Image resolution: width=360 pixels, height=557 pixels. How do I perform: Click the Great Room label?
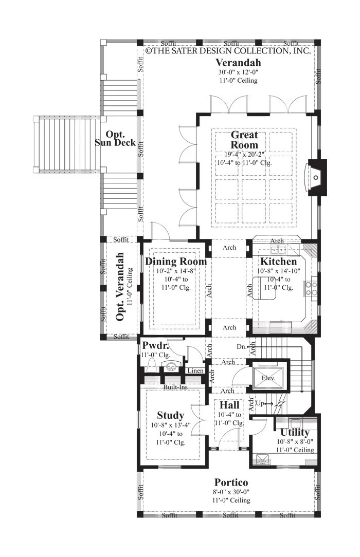tap(244, 140)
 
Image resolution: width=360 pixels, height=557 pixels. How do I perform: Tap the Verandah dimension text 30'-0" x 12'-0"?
tap(238, 72)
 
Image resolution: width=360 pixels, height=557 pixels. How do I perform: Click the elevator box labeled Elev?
tap(268, 378)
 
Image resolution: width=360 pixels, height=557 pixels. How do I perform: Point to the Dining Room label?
tap(175, 262)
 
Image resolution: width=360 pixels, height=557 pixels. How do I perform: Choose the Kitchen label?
tap(278, 262)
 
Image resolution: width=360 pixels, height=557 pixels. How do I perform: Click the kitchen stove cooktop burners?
tap(310, 288)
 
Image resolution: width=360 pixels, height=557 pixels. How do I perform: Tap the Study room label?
tap(171, 415)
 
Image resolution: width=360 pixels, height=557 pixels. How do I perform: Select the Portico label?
tap(231, 482)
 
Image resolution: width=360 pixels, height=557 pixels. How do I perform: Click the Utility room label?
tap(295, 432)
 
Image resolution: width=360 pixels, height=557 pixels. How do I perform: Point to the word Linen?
tap(195, 370)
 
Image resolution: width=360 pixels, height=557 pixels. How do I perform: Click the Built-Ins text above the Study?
tap(175, 387)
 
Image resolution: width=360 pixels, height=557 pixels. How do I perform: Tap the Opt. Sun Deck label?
tap(115, 139)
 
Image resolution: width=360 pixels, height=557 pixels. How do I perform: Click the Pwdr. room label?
tap(155, 345)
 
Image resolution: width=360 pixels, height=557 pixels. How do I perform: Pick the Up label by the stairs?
tap(260, 403)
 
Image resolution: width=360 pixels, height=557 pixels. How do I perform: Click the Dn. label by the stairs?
tap(241, 346)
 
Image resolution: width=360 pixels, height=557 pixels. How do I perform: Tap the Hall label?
tap(229, 405)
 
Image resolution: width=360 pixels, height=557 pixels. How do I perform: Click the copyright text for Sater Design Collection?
tap(228, 51)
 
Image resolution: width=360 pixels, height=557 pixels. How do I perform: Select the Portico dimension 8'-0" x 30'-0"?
tap(231, 492)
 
